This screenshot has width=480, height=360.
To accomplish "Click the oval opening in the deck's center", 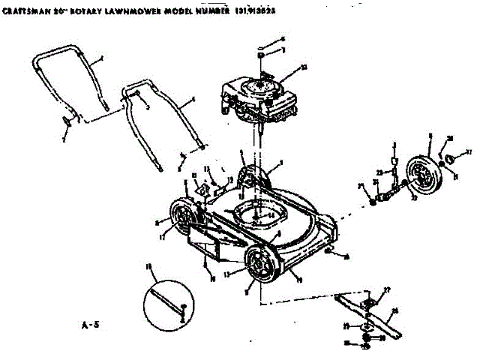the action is (x=259, y=216).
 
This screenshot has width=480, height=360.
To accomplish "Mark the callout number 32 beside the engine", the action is (x=302, y=67).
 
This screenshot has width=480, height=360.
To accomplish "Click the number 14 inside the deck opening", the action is (x=271, y=215).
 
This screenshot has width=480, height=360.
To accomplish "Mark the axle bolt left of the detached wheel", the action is (x=384, y=196).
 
